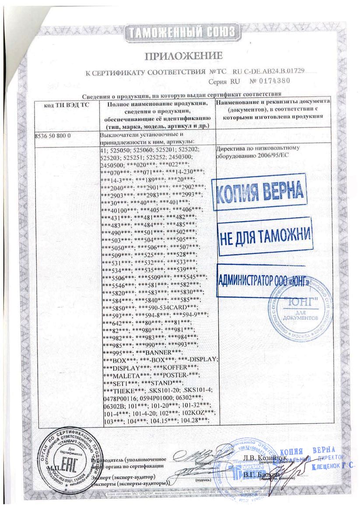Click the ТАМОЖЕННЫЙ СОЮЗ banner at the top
(x=181, y=32)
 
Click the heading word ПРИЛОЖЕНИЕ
(x=184, y=56)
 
